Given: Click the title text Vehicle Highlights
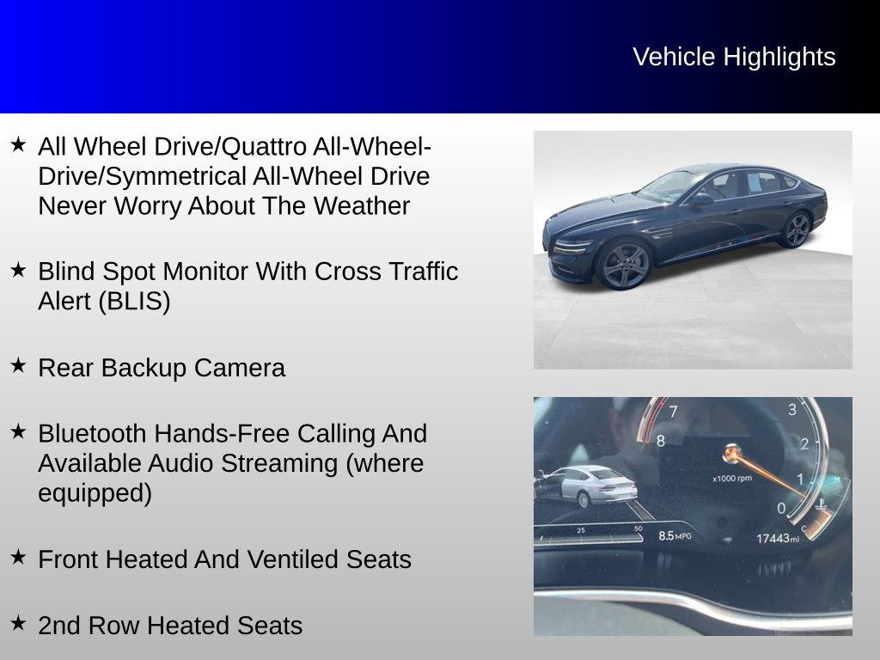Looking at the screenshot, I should pos(734,57).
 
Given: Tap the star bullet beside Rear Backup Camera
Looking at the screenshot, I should pos(18,365).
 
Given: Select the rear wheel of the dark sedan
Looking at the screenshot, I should pos(797,229).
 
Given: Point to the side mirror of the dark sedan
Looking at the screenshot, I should pos(701,199).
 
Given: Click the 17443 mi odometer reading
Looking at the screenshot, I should pos(776,538).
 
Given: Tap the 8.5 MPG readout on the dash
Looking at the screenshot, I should pos(675,535).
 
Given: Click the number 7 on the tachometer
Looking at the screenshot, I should pos(674,411).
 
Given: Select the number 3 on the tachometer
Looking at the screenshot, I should pos(791,409).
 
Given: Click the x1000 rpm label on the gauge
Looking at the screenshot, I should pos(732,478).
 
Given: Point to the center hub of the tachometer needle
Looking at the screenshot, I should pos(732,451).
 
